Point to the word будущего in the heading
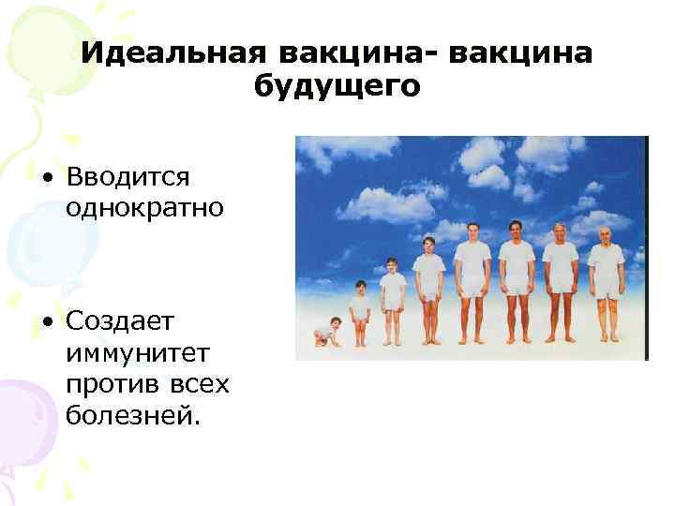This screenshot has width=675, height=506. (x=337, y=86)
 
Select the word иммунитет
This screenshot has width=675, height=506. (x=126, y=353)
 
